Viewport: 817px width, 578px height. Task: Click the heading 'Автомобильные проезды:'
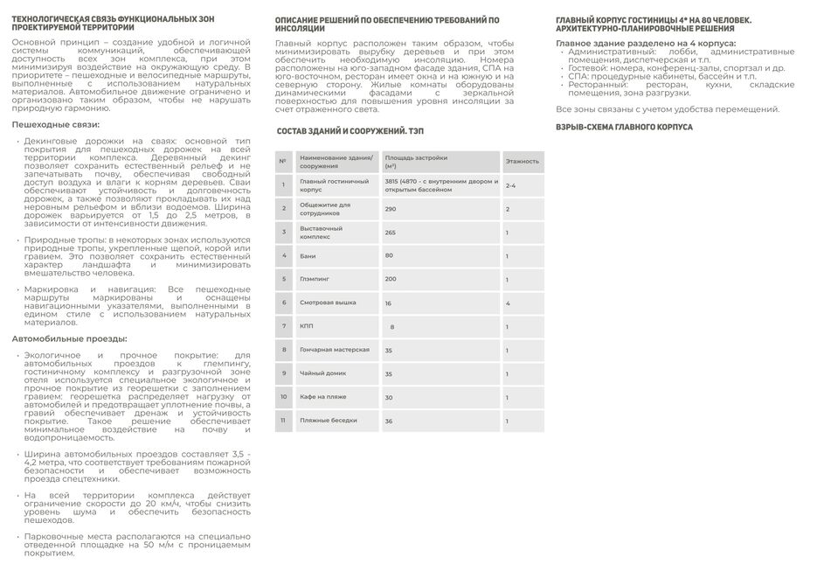(69, 338)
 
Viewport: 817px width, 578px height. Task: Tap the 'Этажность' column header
(523, 162)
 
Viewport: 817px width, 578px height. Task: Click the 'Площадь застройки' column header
(416, 158)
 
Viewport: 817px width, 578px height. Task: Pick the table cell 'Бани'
(308, 256)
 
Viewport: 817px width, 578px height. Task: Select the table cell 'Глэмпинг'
(315, 279)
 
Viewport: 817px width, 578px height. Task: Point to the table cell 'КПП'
(307, 326)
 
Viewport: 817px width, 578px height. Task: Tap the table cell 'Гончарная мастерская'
(335, 350)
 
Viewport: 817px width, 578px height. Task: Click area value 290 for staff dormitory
(391, 209)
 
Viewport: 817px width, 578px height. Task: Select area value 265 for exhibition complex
(391, 233)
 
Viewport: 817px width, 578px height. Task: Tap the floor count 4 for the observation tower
(508, 303)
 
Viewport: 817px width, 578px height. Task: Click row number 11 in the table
(283, 421)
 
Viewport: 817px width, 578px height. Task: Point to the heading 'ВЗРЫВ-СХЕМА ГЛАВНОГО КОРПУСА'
(624, 127)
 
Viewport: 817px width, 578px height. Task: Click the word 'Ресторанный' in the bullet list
(594, 85)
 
